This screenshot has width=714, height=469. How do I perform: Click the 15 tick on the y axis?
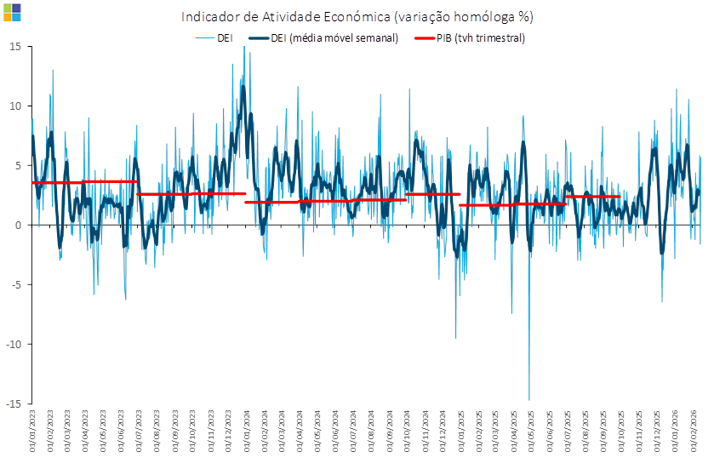coord(14,46)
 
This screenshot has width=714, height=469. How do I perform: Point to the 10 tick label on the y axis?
coord(14,106)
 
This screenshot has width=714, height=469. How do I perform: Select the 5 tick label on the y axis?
coord(17,165)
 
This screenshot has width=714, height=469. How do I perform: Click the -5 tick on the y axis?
coord(15,284)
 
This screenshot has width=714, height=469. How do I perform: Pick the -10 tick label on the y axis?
coord(13,344)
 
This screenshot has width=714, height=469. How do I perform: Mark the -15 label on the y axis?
coord(13,403)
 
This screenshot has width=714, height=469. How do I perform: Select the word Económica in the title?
coord(400,17)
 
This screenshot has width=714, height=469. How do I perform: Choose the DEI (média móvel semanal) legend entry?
coord(323,38)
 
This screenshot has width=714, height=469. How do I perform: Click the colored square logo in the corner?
coord(12,12)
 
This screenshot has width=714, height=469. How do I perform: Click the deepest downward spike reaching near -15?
coord(529,398)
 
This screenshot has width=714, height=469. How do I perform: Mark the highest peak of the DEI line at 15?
coord(244,48)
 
